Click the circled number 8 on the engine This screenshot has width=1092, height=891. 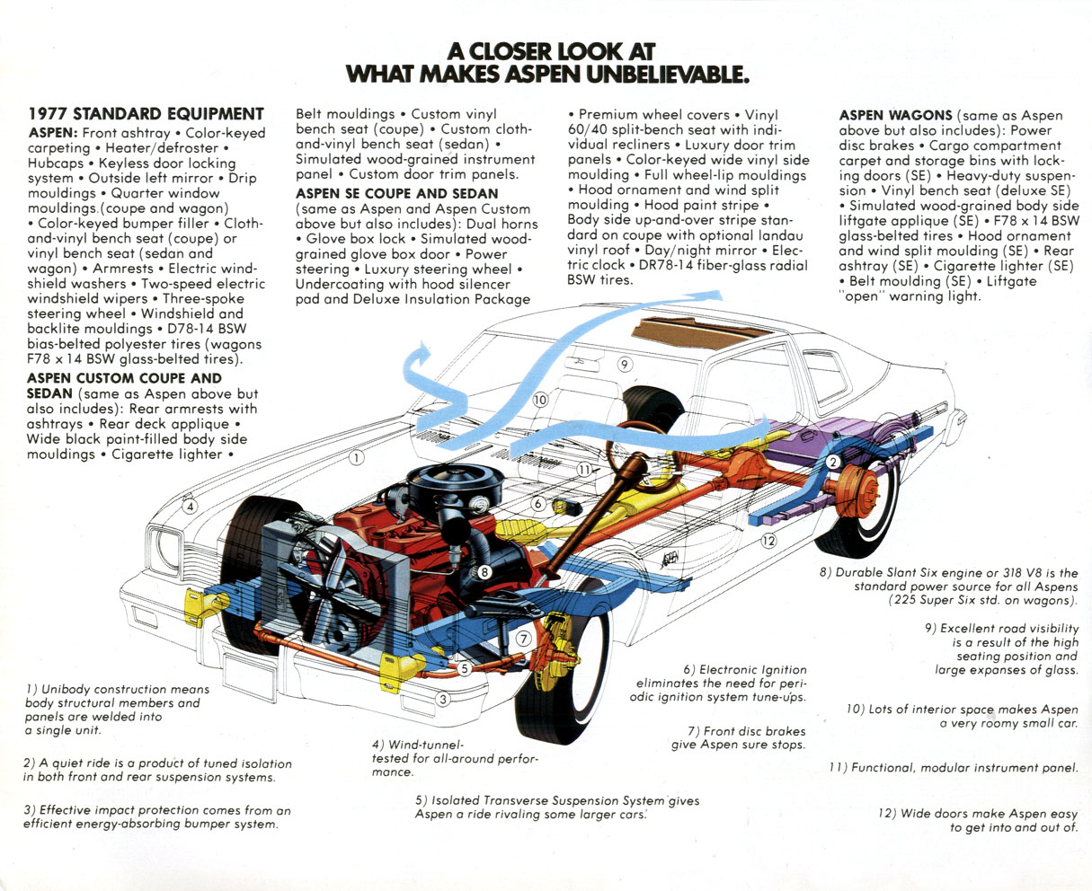click(484, 571)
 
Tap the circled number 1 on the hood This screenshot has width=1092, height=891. click(356, 458)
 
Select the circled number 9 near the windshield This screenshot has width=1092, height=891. click(625, 364)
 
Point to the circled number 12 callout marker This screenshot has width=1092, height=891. click(768, 541)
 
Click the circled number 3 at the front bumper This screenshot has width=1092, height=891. click(442, 700)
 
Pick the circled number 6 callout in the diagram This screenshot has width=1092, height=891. click(537, 506)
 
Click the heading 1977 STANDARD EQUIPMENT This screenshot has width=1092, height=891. click(146, 114)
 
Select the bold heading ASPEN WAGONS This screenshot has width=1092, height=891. click(895, 115)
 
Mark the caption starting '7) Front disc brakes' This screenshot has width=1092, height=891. click(739, 737)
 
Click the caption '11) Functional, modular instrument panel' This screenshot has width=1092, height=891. click(953, 767)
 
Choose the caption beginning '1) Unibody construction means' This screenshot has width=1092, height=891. click(117, 710)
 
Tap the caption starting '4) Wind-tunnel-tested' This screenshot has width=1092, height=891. click(454, 758)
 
